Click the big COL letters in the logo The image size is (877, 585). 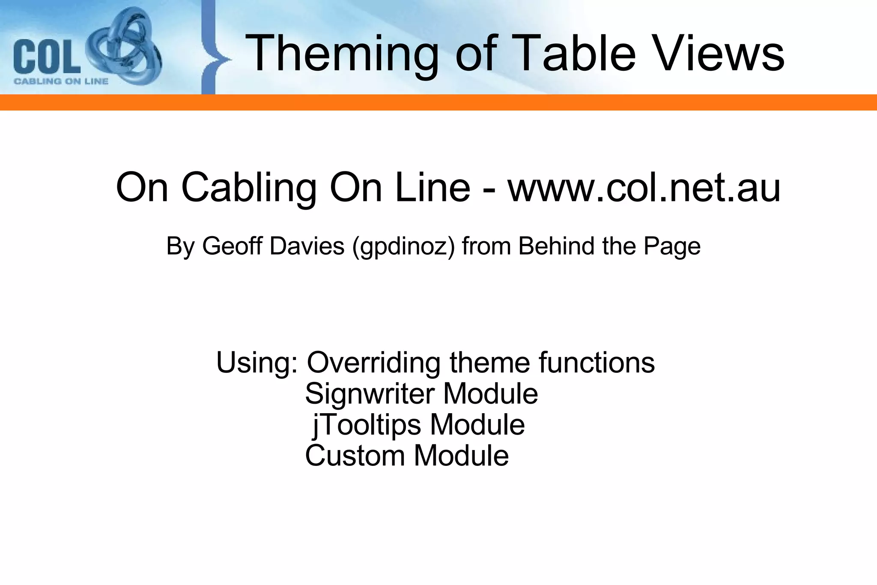47,56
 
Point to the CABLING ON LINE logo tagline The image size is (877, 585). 61,81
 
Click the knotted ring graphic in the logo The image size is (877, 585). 124,47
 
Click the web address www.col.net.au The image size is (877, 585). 644,188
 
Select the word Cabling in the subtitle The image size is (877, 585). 249,188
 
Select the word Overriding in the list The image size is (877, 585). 374,363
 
